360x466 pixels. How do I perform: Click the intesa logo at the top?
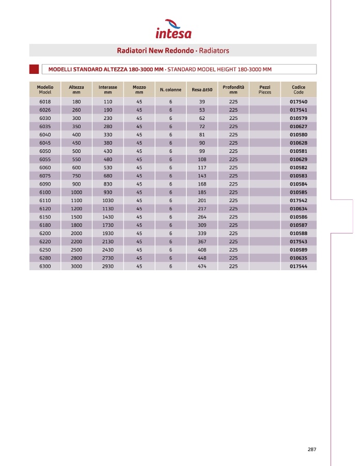click(x=173, y=29)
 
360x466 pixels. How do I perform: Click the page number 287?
click(x=311, y=449)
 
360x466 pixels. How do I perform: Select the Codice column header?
click(x=299, y=89)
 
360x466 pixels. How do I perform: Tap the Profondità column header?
click(x=233, y=89)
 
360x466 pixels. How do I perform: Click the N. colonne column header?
click(x=170, y=90)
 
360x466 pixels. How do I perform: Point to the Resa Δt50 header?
click(x=202, y=90)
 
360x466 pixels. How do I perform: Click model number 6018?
click(x=45, y=102)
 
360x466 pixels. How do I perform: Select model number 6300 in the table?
click(x=45, y=267)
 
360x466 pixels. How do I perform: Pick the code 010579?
click(x=299, y=118)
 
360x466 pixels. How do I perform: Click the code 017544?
click(x=299, y=267)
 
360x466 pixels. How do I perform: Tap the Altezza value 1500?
click(x=76, y=217)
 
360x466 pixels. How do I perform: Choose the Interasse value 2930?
click(x=108, y=267)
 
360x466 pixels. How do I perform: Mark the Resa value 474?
click(x=202, y=267)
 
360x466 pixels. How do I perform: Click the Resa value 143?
click(x=202, y=176)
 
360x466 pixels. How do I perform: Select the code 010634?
click(x=299, y=209)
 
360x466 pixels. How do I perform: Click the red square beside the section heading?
click(x=34, y=69)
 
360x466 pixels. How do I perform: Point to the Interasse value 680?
click(x=108, y=176)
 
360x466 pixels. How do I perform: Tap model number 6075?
click(x=45, y=176)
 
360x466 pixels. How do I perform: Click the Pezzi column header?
click(x=264, y=89)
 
